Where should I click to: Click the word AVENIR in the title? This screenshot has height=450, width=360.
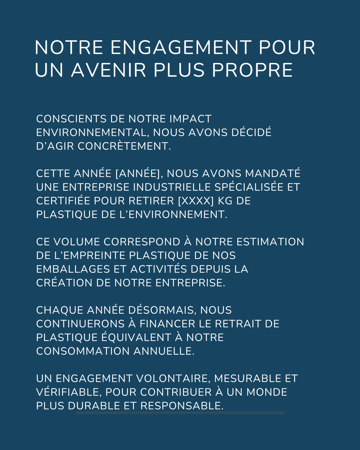(109, 70)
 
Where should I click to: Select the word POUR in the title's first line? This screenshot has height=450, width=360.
(287, 47)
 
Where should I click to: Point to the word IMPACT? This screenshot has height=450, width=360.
(190, 119)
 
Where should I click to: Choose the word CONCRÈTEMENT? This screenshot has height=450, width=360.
(124, 146)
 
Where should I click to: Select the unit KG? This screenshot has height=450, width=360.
(225, 201)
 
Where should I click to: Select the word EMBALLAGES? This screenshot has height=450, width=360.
(73, 269)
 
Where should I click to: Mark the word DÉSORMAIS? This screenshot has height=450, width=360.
(162, 310)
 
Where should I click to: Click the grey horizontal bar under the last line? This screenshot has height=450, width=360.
(180, 413)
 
